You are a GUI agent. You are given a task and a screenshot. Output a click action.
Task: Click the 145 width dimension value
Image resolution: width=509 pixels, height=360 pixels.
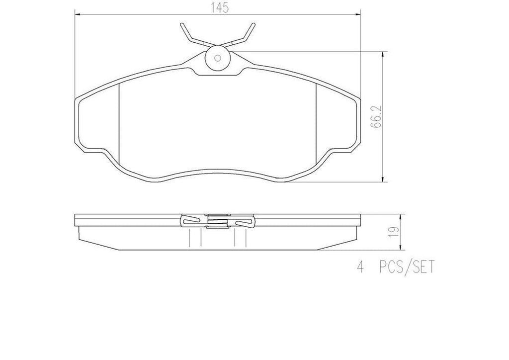pos(217,8)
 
